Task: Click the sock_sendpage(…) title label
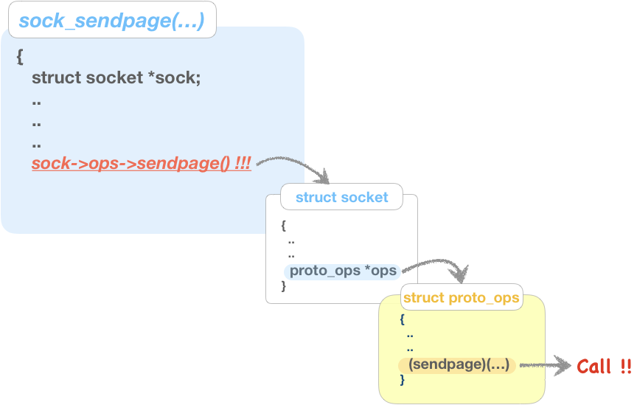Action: [111, 21]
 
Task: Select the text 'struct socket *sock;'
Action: [116, 77]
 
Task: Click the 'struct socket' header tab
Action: [341, 197]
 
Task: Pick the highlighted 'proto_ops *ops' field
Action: [343, 271]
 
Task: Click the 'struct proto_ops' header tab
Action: [462, 298]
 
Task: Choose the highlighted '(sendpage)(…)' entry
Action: [458, 365]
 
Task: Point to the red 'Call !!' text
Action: [604, 367]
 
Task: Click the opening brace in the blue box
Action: [20, 57]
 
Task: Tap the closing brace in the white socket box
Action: [283, 286]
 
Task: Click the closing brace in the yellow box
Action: [403, 379]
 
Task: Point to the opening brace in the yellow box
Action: [403, 319]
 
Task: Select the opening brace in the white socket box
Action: [283, 225]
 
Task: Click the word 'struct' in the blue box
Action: [56, 77]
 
